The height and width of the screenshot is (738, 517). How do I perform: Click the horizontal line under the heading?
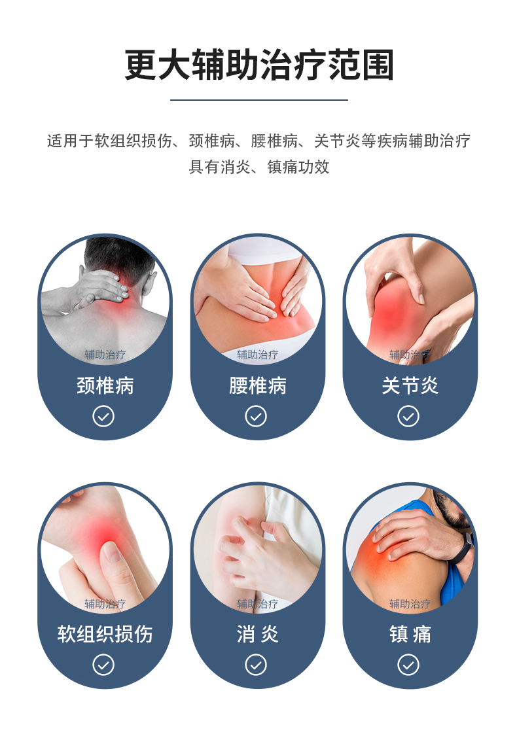coord(259,100)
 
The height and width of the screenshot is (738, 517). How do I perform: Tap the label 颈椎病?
coord(105,385)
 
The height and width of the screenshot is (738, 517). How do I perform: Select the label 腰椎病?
coord(258,385)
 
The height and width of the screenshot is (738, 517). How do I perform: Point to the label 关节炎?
coord(410,385)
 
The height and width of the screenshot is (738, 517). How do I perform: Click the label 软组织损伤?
coord(105,634)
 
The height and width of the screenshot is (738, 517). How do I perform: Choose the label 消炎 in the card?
coord(258,634)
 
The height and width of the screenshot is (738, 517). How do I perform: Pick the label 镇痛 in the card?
coord(410,634)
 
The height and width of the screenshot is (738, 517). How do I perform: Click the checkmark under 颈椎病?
coord(103,416)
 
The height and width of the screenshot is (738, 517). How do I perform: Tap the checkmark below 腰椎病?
coord(256,416)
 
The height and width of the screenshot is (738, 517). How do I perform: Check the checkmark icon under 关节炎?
coord(408,416)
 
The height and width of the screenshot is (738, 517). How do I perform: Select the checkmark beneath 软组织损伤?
coord(103,665)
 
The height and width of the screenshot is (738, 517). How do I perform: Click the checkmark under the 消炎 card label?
coord(256,665)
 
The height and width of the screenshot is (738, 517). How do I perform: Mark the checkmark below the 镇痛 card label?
coord(408,665)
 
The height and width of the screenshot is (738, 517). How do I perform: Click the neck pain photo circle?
coord(105,298)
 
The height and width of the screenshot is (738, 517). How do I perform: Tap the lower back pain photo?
coord(258,298)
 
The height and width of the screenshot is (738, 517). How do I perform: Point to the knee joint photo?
coord(410,298)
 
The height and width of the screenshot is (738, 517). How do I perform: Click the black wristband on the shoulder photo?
coord(464,547)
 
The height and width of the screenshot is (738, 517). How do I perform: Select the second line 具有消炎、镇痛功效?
coord(259,167)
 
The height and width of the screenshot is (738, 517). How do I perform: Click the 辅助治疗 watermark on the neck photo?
coord(105,355)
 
